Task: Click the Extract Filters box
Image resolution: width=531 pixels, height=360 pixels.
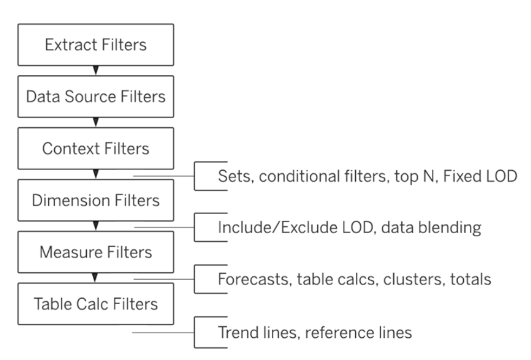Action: (x=96, y=44)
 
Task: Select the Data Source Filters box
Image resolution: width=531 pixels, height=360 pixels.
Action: (x=96, y=97)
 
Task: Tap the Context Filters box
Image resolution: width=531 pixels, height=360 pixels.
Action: (x=96, y=149)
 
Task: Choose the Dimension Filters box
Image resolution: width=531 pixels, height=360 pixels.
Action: (x=96, y=200)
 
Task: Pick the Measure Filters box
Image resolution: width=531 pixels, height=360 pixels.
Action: (x=96, y=252)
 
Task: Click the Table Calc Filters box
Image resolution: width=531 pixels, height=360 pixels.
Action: (x=96, y=304)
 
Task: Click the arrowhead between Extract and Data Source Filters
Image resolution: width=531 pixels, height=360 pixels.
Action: (x=96, y=70)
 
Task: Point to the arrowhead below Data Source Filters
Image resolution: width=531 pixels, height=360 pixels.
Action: (x=96, y=122)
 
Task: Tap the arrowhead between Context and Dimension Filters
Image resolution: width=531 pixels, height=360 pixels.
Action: (x=96, y=173)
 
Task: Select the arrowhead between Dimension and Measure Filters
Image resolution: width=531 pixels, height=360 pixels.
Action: (x=96, y=226)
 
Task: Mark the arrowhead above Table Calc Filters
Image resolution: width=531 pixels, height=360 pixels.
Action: (x=95, y=278)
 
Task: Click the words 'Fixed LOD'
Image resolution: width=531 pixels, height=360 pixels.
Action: (x=480, y=176)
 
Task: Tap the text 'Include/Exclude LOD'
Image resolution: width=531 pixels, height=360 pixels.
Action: (x=297, y=227)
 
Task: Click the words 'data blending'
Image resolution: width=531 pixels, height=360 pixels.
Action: (x=431, y=228)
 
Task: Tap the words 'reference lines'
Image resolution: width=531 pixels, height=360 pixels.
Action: (x=359, y=332)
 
